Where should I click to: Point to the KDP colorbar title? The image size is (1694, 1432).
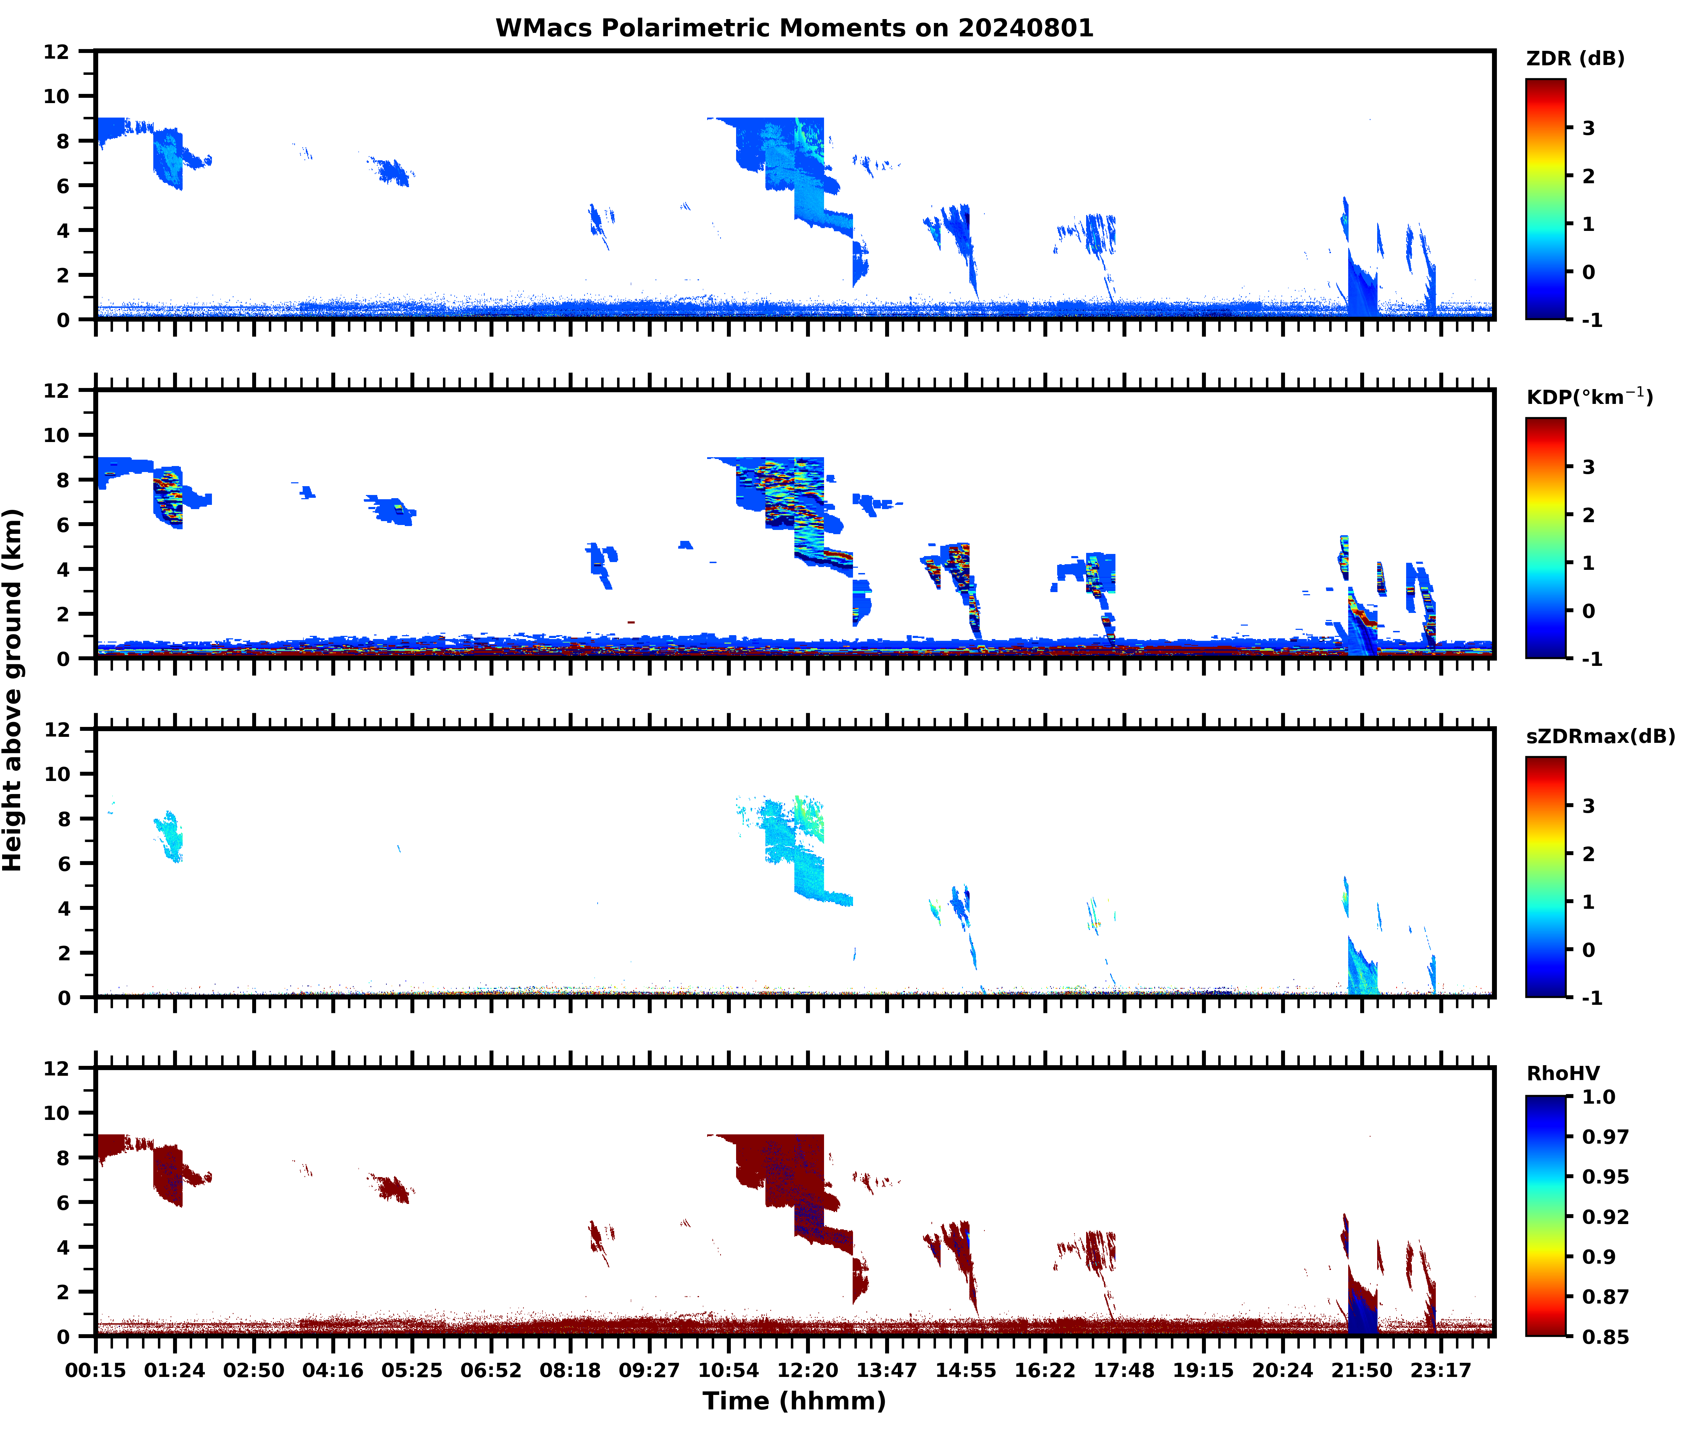[x=1588, y=397]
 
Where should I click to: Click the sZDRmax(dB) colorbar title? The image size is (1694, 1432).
[x=1600, y=736]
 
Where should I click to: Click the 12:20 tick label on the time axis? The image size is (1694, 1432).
[x=807, y=1370]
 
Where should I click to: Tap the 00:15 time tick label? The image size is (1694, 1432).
[x=96, y=1370]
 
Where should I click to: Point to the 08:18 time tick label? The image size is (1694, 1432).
[x=570, y=1370]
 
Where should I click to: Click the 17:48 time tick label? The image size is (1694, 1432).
[x=1124, y=1370]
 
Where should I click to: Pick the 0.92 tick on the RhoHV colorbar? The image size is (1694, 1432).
[x=1605, y=1216]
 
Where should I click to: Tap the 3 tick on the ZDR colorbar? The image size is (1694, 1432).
[x=1588, y=128]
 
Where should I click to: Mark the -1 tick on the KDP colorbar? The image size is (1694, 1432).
[x=1592, y=659]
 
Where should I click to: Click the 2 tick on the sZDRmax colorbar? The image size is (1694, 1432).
[x=1588, y=854]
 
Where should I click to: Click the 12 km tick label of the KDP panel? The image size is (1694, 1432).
[x=57, y=390]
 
